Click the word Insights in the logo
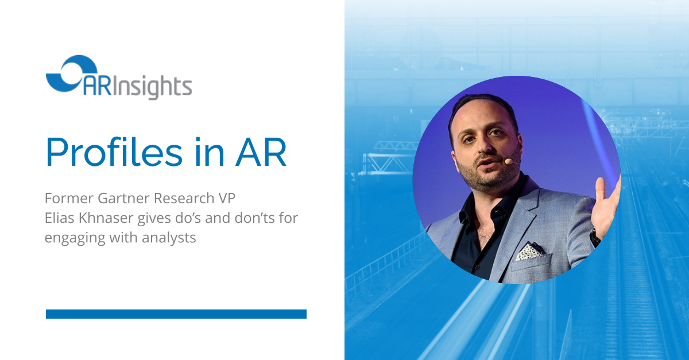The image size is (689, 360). coord(152,87)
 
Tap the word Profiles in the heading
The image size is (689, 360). coord(114,152)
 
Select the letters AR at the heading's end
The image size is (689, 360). coord(261,153)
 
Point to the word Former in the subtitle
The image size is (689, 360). coord(69,198)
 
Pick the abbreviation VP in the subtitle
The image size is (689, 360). coord(227,198)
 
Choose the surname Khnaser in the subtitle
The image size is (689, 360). coord(106,218)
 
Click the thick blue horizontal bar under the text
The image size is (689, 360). coord(176,314)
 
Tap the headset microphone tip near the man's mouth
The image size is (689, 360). coord(508,161)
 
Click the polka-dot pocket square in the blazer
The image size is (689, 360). coord(531,251)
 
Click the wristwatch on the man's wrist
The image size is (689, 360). coord(595,238)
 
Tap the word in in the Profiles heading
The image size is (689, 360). coord(209,152)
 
